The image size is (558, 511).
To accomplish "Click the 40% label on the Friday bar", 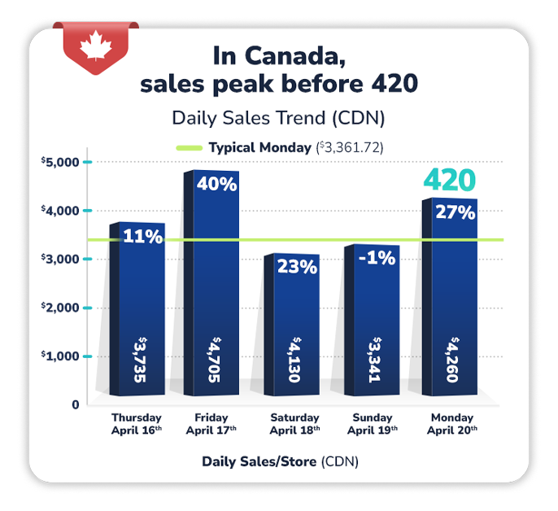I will tap(216, 184).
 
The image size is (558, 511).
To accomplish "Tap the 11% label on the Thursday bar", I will tap(143, 237).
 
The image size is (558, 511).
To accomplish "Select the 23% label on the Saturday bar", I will tap(297, 266).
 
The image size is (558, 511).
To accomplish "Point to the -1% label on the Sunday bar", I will tap(375, 258).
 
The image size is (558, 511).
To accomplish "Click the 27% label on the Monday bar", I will tap(455, 212).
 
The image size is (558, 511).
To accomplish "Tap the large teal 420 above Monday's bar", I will tap(448, 181).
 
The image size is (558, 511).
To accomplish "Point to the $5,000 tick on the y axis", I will tap(59, 162).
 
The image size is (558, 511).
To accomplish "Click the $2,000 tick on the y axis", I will tap(59, 308).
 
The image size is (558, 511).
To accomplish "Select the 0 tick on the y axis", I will tap(75, 404).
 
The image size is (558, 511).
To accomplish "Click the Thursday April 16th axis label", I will tap(136, 424).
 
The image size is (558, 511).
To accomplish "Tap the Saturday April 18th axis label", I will tap(294, 424).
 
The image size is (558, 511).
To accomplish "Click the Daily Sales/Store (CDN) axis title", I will tap(279, 461).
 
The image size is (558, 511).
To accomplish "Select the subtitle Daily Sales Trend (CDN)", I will tap(278, 117).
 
